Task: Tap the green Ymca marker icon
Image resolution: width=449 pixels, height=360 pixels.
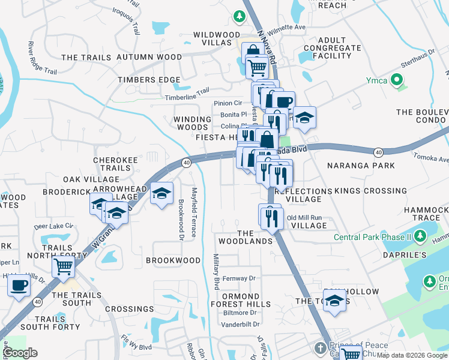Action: click(396, 80)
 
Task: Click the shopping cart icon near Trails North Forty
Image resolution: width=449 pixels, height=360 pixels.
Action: click(63, 266)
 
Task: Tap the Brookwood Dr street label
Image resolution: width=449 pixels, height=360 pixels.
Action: click(181, 217)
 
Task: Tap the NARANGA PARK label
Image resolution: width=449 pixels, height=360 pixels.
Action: click(360, 165)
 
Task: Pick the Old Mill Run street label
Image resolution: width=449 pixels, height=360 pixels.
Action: click(305, 218)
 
